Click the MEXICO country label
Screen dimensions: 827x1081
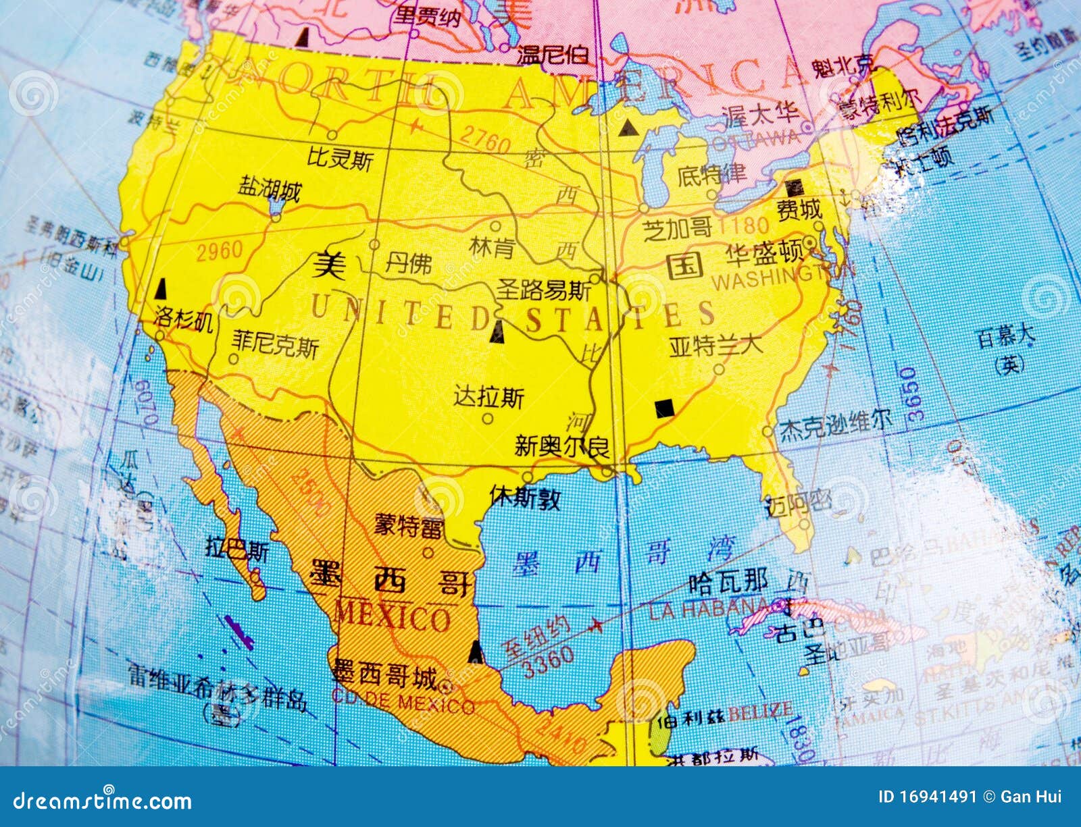(x=393, y=616)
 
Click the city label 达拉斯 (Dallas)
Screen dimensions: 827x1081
(x=488, y=397)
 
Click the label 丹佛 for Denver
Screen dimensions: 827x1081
(x=408, y=263)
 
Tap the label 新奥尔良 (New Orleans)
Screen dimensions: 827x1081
(x=561, y=446)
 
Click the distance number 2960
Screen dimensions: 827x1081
(x=219, y=251)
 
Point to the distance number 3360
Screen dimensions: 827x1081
(x=549, y=662)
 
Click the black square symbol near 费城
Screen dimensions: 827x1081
(x=795, y=187)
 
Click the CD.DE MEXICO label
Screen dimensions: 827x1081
(x=403, y=703)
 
